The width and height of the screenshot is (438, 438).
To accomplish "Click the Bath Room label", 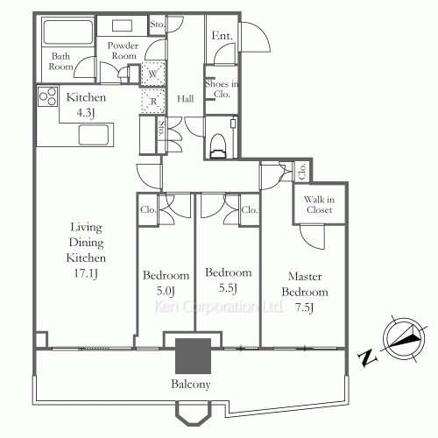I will point(60,60).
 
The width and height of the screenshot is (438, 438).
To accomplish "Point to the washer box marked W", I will point(152,75).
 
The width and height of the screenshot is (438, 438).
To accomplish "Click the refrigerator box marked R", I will point(152,102).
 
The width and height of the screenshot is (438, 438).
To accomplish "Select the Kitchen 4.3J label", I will point(85,105).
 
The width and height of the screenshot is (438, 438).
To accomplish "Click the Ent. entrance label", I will point(222,36).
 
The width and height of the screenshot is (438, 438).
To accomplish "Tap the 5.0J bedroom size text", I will point(166,290).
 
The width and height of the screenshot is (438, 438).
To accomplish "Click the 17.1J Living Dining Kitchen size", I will point(85,274).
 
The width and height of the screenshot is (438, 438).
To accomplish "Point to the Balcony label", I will point(191,384).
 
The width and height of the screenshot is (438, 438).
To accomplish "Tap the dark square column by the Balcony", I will point(193,356).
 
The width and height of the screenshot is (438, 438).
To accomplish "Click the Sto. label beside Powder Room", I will point(158,24).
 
